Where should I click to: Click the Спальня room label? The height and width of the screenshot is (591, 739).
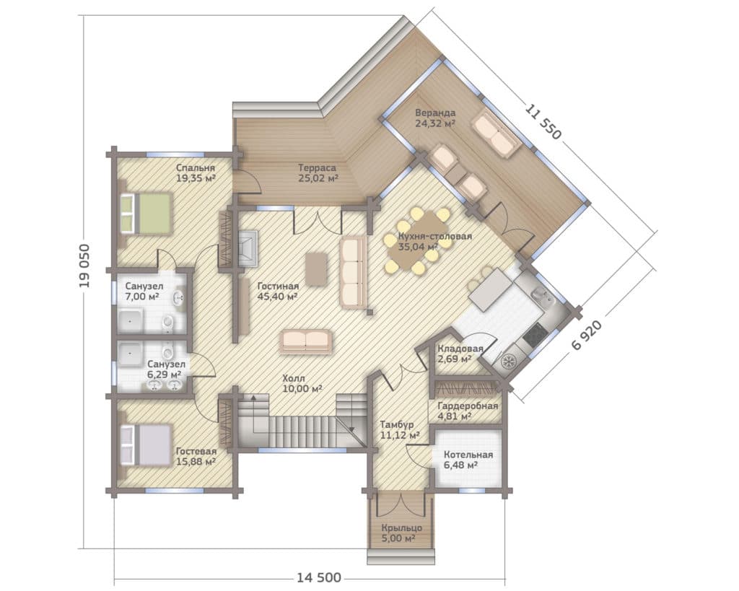point(196,168)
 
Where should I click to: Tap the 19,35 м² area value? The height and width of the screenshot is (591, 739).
point(196,178)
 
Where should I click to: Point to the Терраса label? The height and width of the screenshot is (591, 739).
point(318,168)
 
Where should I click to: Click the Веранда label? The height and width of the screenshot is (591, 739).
point(435,113)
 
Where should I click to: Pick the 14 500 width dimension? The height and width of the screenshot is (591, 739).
point(318,578)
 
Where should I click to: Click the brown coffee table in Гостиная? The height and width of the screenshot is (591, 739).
point(316,269)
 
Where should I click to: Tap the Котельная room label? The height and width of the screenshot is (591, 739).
point(468,455)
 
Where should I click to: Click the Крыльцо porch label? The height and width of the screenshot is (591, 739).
point(401,527)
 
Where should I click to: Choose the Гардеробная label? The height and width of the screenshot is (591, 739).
point(468,406)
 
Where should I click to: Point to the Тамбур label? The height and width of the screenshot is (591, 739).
point(397,424)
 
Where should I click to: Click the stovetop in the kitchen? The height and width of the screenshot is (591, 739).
point(535,334)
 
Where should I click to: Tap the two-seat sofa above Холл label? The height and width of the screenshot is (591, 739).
point(306,341)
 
